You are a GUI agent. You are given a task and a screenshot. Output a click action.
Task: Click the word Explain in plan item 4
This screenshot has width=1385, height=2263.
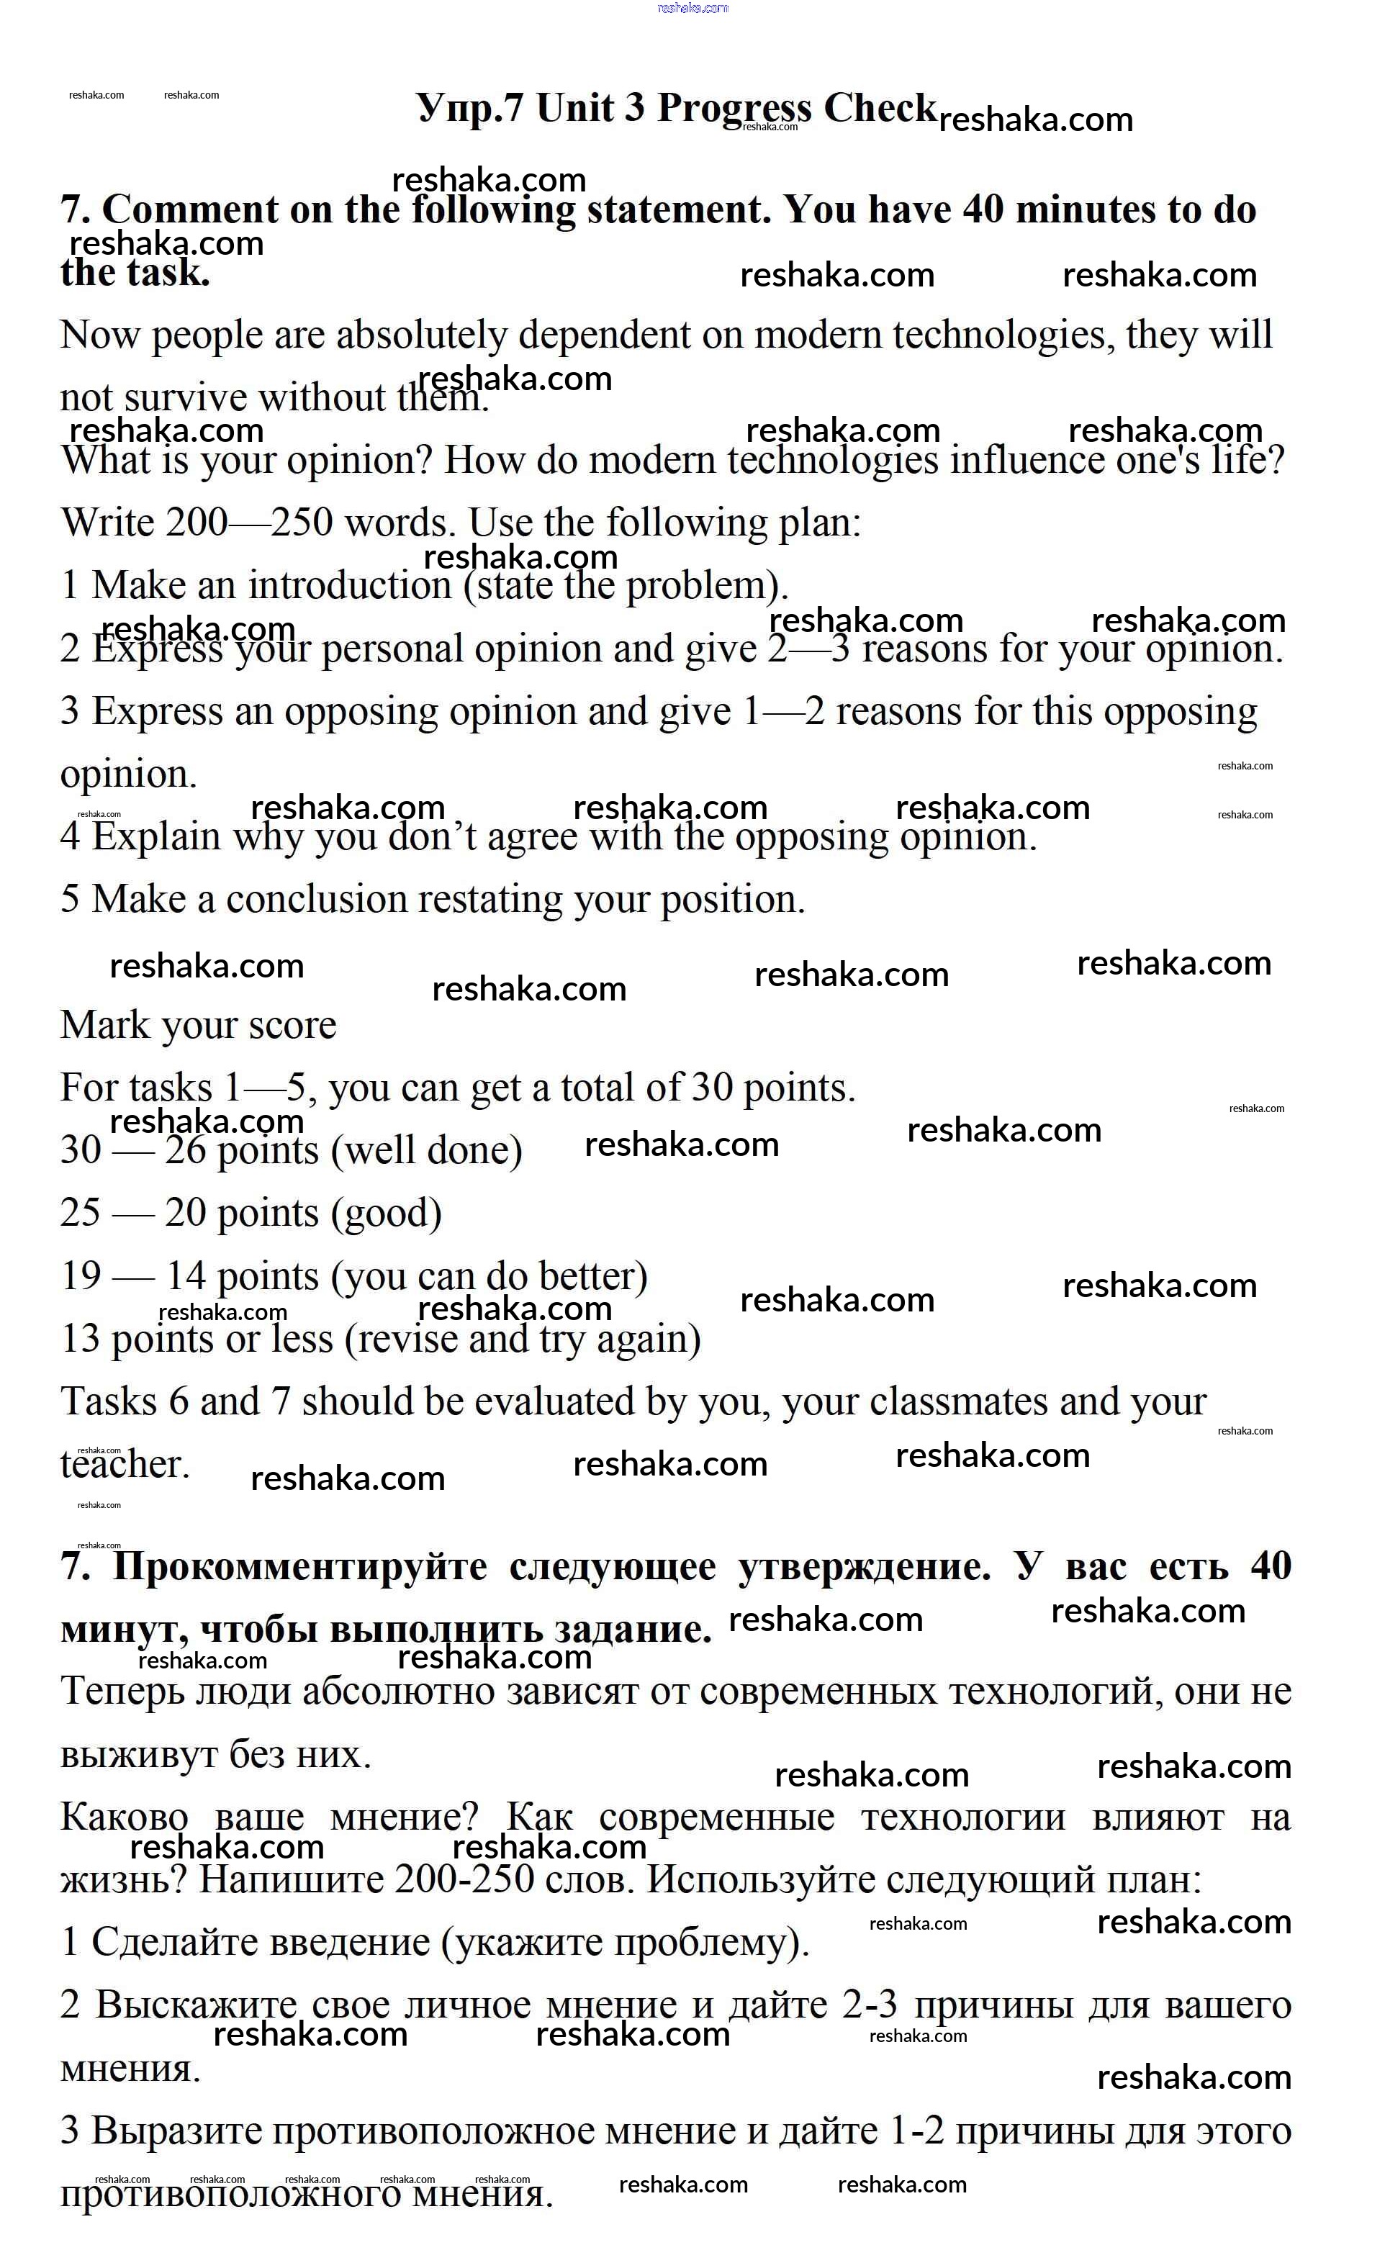(156, 836)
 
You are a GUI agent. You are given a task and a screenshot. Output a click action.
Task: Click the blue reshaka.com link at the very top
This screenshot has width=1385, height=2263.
(693, 7)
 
